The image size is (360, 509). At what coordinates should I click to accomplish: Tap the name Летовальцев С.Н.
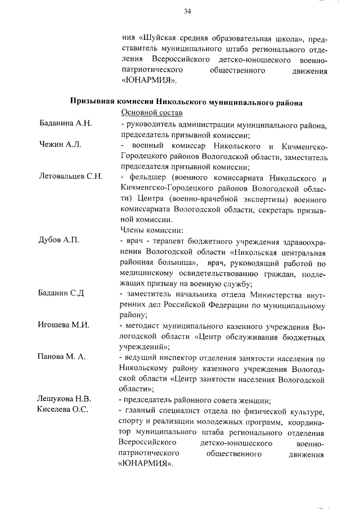(x=70, y=177)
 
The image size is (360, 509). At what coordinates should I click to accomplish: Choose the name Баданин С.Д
(x=61, y=293)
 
